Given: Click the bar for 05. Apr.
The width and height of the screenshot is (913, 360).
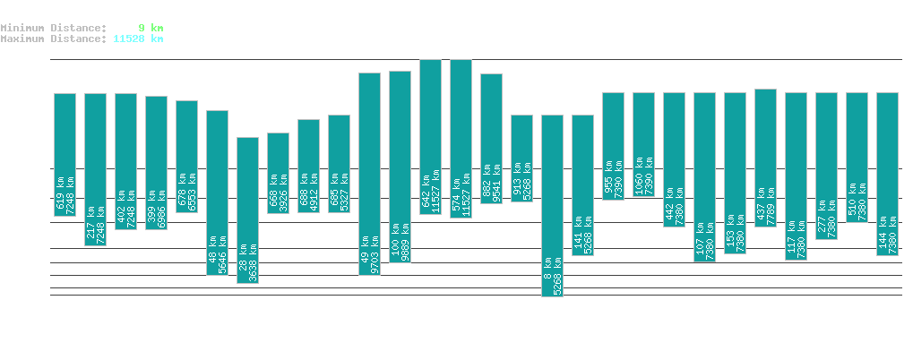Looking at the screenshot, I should pyautogui.click(x=552, y=205).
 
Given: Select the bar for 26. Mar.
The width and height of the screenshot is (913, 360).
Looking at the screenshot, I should pyautogui.click(x=247, y=210).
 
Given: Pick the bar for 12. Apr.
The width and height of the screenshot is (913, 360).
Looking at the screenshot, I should pyautogui.click(x=765, y=158).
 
